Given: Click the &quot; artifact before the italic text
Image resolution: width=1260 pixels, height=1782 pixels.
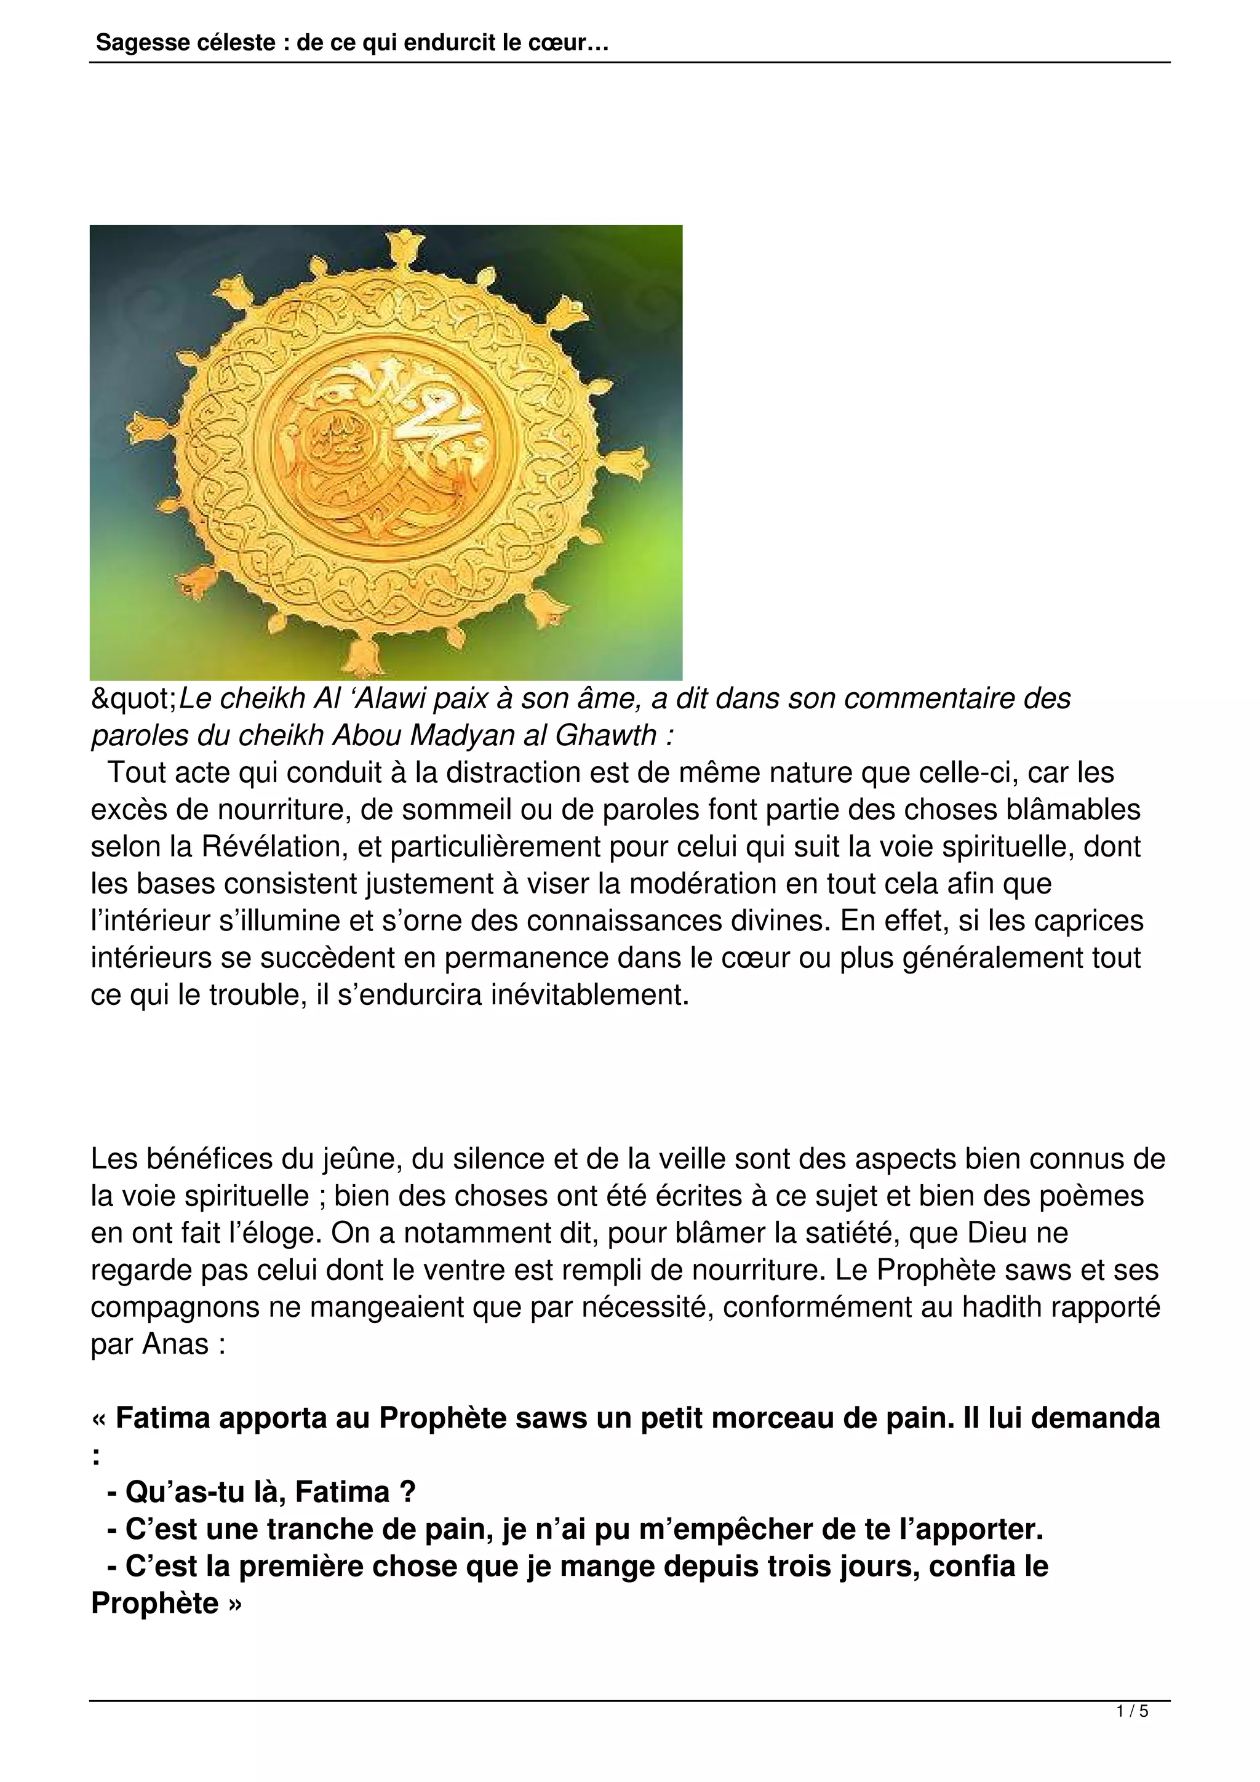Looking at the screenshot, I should click(x=134, y=699).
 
